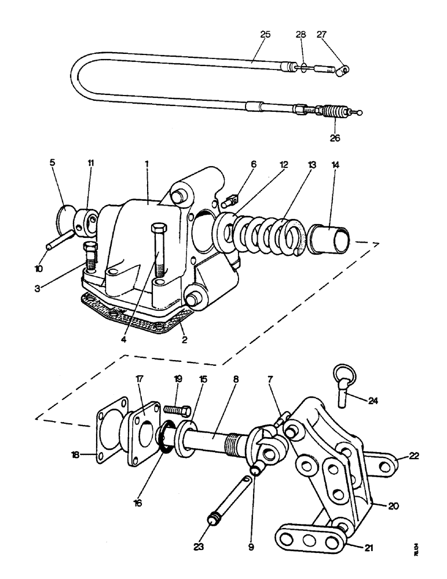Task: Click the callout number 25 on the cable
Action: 265,35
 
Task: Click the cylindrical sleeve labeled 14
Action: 329,238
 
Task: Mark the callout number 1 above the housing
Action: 147,164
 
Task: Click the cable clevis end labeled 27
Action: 345,71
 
